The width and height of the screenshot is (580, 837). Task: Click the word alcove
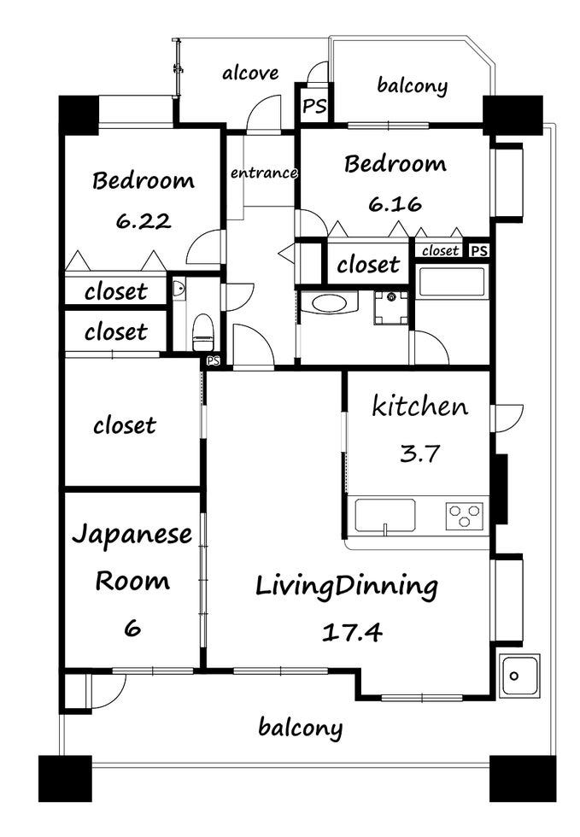[x=250, y=73]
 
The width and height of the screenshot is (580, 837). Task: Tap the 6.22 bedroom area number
[x=144, y=220]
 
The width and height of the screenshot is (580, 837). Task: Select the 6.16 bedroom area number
[x=395, y=204]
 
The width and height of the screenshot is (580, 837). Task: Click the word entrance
[x=264, y=173]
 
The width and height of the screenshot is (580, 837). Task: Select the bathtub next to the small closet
[x=452, y=282]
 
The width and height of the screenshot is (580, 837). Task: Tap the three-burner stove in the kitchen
[x=465, y=516]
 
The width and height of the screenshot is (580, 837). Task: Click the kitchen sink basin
[x=385, y=515]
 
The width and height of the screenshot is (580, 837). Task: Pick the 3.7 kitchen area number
[x=419, y=454]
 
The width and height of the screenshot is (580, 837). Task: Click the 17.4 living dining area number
[x=352, y=633]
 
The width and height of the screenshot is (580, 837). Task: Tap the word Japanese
[x=132, y=535]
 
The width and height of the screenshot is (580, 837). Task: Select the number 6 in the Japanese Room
[x=132, y=628]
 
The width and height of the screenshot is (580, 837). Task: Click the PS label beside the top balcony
[x=314, y=106]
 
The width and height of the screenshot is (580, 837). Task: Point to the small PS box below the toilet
[x=214, y=360]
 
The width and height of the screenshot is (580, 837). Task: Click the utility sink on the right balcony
[x=519, y=676]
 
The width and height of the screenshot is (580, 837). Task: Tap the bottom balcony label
[x=300, y=728]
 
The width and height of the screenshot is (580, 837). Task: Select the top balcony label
[x=413, y=85]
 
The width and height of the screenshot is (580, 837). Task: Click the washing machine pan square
[x=391, y=308]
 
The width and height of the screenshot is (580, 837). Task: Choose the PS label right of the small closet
[x=479, y=250]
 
